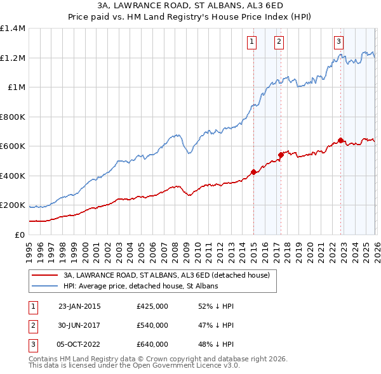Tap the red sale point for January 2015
point(254,172)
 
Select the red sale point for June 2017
point(281,155)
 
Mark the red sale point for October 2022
point(341,140)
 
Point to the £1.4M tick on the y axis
point(13,29)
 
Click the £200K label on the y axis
point(13,205)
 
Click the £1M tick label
point(16,87)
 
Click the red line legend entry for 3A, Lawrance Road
point(166,275)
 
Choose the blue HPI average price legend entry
point(140,287)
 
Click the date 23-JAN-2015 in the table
point(79,306)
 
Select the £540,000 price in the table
point(152,325)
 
